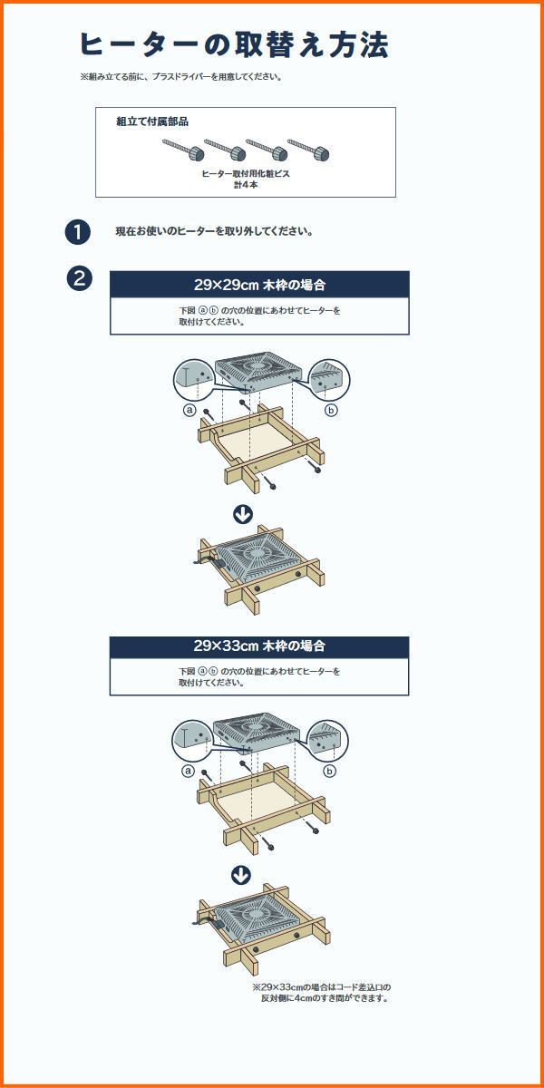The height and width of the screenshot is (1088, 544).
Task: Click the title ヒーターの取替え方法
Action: pyautogui.click(x=234, y=45)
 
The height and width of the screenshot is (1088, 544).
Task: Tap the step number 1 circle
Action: pyautogui.click(x=78, y=232)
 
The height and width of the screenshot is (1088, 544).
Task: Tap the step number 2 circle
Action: pyautogui.click(x=79, y=279)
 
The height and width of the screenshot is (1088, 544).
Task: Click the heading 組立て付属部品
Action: pyautogui.click(x=152, y=121)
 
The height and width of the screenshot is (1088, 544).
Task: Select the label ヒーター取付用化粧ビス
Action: pyautogui.click(x=246, y=174)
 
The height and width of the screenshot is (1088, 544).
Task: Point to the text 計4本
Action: pyautogui.click(x=246, y=185)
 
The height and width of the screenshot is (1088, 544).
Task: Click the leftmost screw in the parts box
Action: pyautogui.click(x=183, y=149)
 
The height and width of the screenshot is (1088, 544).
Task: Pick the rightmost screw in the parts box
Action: pyautogui.click(x=308, y=149)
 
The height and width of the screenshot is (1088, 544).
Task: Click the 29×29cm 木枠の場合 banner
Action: pyautogui.click(x=259, y=285)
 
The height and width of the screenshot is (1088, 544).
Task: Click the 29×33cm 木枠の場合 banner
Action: pyautogui.click(x=259, y=646)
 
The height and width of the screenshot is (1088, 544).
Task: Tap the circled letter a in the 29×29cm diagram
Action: pyautogui.click(x=189, y=411)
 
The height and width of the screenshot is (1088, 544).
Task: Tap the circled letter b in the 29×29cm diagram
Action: pyautogui.click(x=331, y=411)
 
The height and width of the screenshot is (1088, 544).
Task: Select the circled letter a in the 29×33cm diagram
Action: pyautogui.click(x=188, y=772)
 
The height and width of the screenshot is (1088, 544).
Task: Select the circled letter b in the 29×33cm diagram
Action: pyautogui.click(x=330, y=772)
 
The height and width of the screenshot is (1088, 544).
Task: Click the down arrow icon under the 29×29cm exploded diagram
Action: pyautogui.click(x=243, y=514)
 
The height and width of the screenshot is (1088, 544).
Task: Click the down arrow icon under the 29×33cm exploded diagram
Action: pyautogui.click(x=241, y=875)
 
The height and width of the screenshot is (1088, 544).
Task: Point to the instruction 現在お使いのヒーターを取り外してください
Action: pyautogui.click(x=214, y=232)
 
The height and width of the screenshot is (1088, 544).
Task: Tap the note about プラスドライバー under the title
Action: pyautogui.click(x=181, y=77)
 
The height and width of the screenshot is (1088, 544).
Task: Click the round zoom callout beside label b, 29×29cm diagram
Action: pyautogui.click(x=329, y=380)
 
